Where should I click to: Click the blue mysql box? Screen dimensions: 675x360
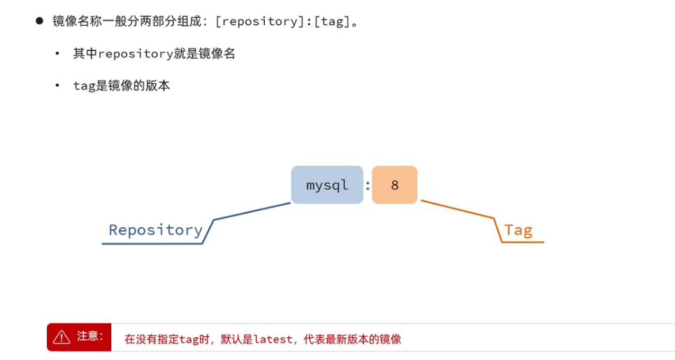[x=327, y=185]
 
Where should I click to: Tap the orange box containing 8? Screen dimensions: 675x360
[x=394, y=185]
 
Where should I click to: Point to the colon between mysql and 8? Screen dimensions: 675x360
[x=368, y=185]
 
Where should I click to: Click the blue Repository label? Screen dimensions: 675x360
[x=155, y=230]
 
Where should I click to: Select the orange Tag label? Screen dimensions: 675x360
[x=518, y=230]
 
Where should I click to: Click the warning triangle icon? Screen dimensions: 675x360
[x=61, y=337]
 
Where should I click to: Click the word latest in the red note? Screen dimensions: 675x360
[x=273, y=340]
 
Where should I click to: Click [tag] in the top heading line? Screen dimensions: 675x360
[x=332, y=21]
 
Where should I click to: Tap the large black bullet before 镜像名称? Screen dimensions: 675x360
[x=40, y=20]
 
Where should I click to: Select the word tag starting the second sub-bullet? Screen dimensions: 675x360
[x=84, y=87]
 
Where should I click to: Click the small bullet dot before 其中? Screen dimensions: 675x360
[x=57, y=54]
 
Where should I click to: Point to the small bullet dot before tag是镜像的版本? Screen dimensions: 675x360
[x=57, y=86]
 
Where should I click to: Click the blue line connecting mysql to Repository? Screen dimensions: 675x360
[x=252, y=211]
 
